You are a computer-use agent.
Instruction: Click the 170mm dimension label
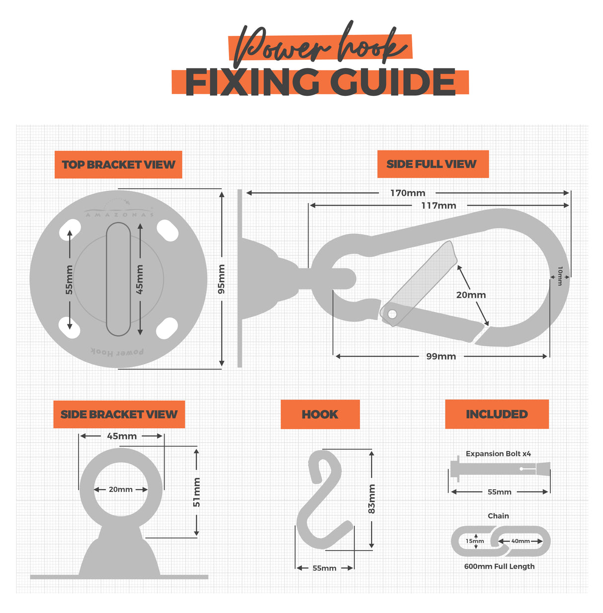(x=407, y=193)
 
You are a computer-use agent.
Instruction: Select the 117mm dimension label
(x=439, y=205)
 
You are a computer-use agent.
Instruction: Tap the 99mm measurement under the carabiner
(x=441, y=356)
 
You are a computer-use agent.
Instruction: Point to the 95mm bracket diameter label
(x=222, y=279)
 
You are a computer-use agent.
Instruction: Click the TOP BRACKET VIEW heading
(x=118, y=164)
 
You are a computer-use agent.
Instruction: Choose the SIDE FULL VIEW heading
(x=432, y=164)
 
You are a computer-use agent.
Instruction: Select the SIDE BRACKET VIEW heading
(x=119, y=414)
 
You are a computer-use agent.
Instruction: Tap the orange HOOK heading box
(x=320, y=414)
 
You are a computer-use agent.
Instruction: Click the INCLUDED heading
(x=497, y=414)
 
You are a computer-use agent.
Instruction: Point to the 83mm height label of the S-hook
(x=372, y=499)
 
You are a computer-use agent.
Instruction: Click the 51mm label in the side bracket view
(x=197, y=492)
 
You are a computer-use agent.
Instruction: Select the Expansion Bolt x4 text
(x=498, y=454)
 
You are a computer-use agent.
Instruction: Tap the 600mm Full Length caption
(x=499, y=566)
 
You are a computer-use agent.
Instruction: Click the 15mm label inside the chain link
(x=474, y=541)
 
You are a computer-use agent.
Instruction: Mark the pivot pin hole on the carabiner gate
(x=392, y=314)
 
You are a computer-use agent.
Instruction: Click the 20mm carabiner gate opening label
(x=471, y=295)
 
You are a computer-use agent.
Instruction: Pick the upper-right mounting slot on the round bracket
(x=167, y=230)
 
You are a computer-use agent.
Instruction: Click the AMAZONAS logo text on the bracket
(x=119, y=215)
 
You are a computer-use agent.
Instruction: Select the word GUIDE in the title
(x=393, y=82)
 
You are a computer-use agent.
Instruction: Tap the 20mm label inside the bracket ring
(x=121, y=489)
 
